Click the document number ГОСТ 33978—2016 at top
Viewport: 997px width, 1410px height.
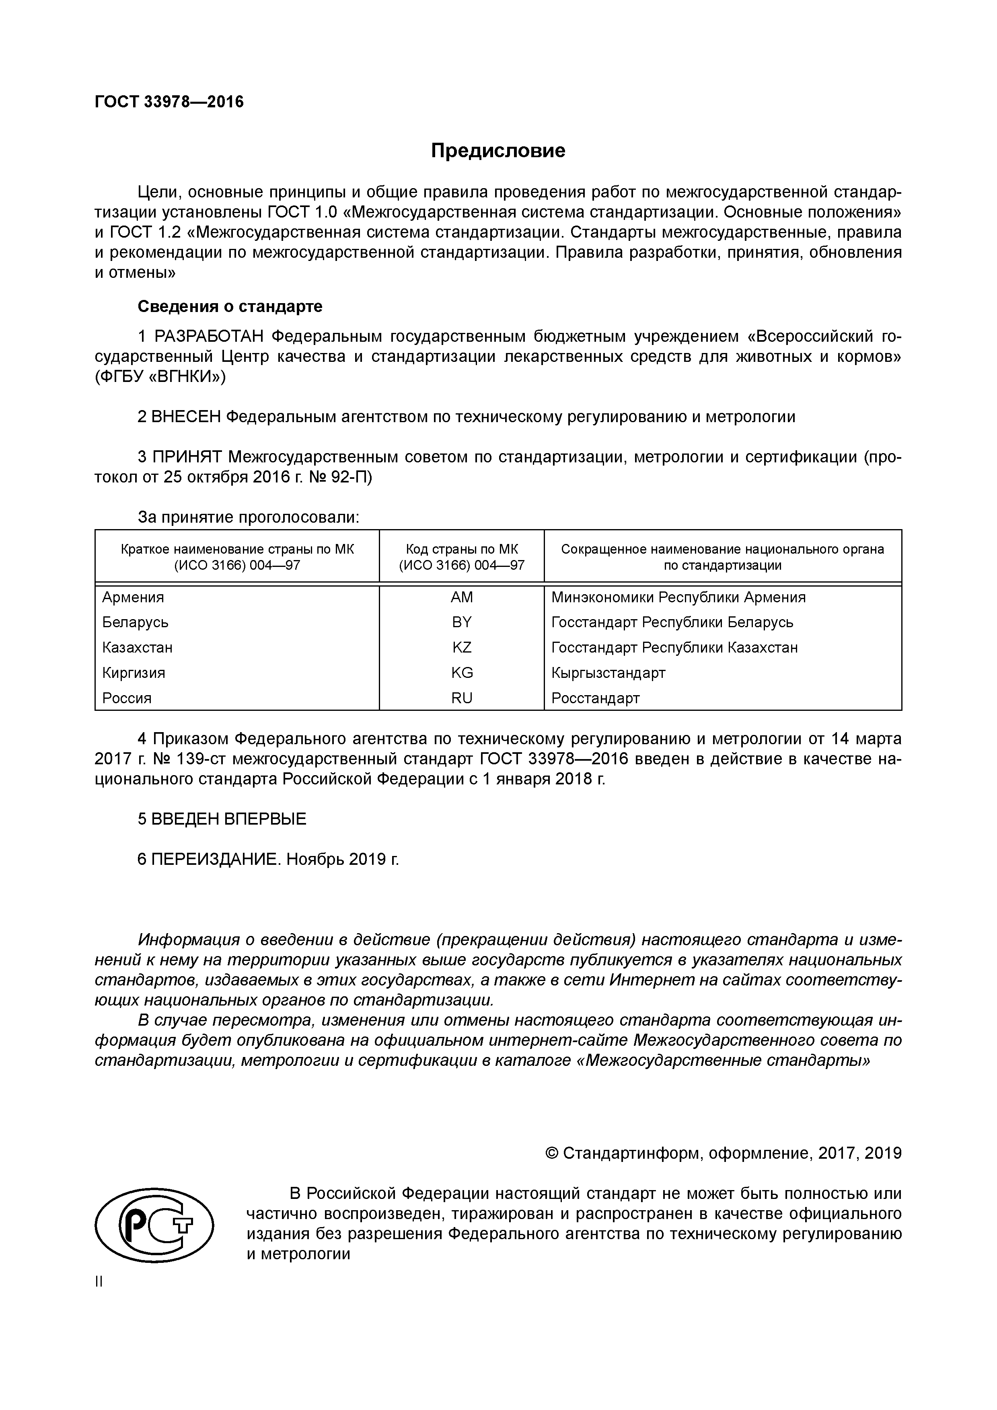pos(169,101)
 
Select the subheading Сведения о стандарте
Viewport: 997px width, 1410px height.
pos(230,306)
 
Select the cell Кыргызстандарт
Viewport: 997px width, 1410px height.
pos(608,673)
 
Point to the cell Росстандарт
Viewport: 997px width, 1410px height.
pos(595,698)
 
